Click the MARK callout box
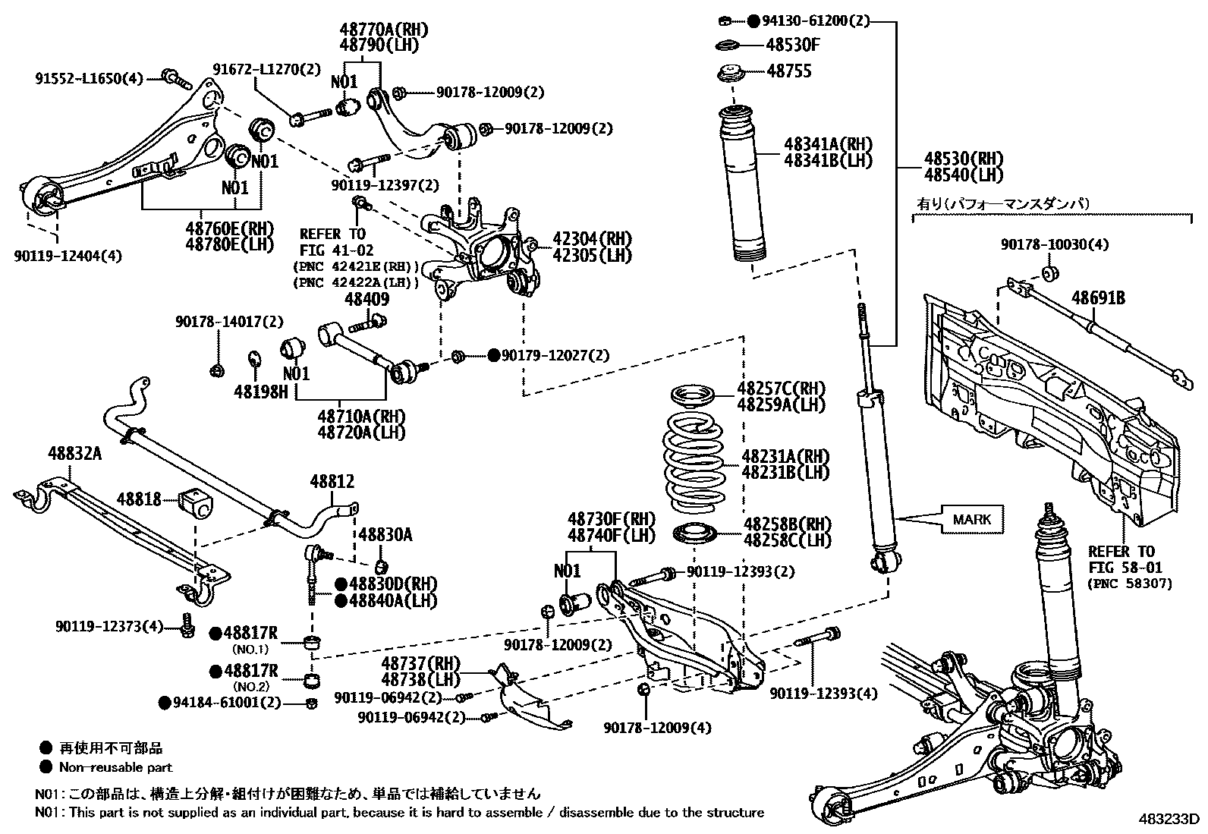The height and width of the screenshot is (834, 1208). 972,520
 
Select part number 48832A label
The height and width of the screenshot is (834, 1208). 74,453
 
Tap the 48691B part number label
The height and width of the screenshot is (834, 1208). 1098,298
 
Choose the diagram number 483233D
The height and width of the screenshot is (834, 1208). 1168,820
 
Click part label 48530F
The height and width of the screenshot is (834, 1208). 793,45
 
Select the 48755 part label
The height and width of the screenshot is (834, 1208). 789,71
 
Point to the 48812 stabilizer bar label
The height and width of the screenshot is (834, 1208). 332,482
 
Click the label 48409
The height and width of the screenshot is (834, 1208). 367,299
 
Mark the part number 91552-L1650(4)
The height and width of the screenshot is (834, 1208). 89,77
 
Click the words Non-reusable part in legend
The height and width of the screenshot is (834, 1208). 116,767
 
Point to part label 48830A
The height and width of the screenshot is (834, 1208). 385,535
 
